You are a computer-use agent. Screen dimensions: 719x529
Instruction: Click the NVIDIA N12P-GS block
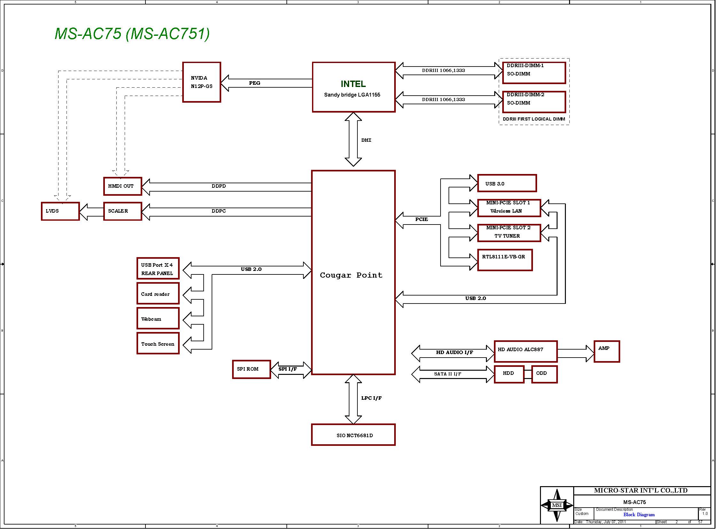[x=202, y=82]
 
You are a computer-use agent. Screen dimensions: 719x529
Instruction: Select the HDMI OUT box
[x=123, y=186]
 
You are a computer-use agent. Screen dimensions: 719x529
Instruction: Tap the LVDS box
[x=60, y=211]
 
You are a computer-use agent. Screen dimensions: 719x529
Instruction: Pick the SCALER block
[x=123, y=211]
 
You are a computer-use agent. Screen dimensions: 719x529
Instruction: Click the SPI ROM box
[x=251, y=369]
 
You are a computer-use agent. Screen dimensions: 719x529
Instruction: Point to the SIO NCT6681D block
[x=353, y=435]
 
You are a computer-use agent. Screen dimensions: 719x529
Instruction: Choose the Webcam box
[x=158, y=318]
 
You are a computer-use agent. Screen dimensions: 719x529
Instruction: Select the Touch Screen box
[x=158, y=343]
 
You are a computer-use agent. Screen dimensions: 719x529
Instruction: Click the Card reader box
[x=158, y=293]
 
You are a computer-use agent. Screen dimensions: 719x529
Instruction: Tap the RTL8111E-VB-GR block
[x=505, y=260]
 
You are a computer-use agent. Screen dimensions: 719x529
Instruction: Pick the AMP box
[x=607, y=351]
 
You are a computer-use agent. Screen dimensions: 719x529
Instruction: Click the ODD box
[x=544, y=374]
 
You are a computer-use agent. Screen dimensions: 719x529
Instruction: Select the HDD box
[x=509, y=374]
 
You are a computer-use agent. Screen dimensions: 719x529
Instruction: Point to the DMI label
[x=366, y=140]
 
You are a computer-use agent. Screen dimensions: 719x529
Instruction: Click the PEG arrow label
[x=255, y=83]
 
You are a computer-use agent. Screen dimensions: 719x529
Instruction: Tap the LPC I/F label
[x=371, y=398]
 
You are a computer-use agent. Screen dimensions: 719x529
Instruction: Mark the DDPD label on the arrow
[x=219, y=186]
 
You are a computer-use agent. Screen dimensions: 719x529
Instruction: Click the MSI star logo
[x=557, y=505]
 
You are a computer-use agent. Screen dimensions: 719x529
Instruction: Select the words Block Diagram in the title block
[x=639, y=515]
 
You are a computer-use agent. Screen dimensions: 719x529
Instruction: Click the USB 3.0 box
[x=507, y=183]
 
